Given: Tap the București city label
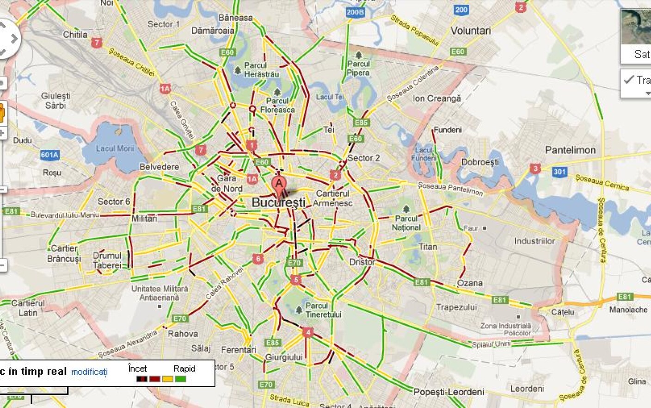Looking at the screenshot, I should (x=278, y=203).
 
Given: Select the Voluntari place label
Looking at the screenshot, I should (x=471, y=31).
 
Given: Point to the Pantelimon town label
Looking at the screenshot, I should (x=570, y=150).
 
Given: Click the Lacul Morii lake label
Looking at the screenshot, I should (x=115, y=148).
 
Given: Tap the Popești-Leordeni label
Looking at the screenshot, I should (x=448, y=392).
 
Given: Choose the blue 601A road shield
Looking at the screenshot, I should (x=49, y=155).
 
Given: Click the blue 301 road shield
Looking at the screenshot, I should (x=559, y=172).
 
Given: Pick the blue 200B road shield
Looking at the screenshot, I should (x=355, y=12).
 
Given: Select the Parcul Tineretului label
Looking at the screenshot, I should (x=323, y=310).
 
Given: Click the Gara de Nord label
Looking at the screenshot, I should (x=227, y=183).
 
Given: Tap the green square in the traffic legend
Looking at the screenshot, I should (x=181, y=379).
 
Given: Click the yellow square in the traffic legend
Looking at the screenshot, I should (x=167, y=379).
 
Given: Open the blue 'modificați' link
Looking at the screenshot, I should (x=89, y=372).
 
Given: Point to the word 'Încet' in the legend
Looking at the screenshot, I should (x=137, y=369).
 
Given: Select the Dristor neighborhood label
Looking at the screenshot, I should (x=362, y=262).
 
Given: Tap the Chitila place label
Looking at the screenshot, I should (x=75, y=34).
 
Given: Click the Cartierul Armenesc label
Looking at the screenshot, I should (x=332, y=198).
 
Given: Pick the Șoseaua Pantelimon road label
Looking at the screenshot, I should (x=450, y=188).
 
